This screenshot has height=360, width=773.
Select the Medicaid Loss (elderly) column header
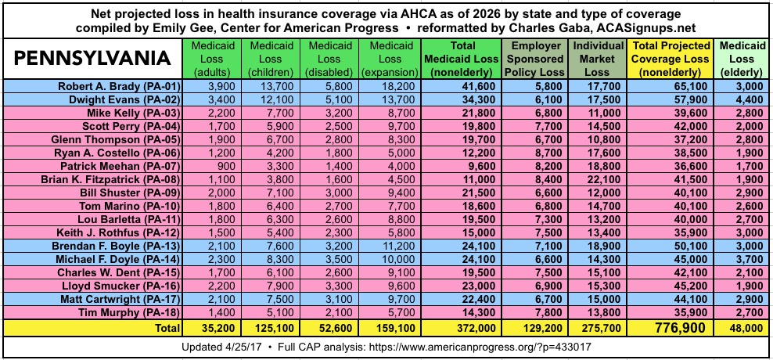coord(740,58)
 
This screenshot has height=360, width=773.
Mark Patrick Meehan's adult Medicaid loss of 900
coord(217,165)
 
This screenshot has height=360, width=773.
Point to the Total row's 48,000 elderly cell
coord(741,327)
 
